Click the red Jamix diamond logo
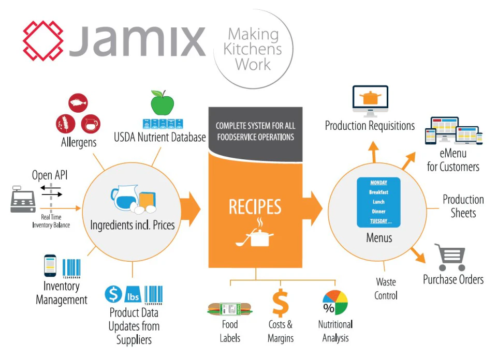coord(43,40)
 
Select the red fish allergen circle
coord(78,103)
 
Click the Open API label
coord(50,175)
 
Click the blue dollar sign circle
coord(113,294)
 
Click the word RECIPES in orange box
coord(255,207)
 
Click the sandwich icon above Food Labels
coord(229,309)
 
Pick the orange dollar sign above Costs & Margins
coord(280,304)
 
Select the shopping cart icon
coord(450,258)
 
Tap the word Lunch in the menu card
coord(378,202)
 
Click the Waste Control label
coord(386,289)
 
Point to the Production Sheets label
coord(463,206)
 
